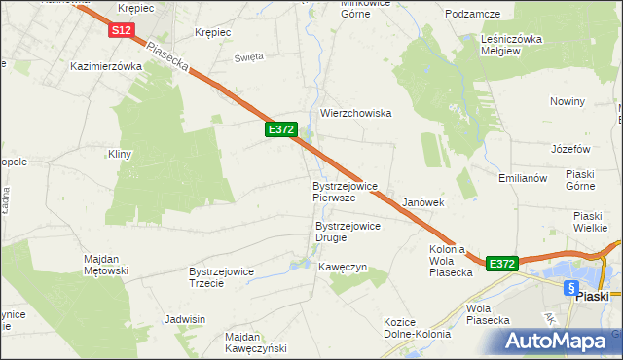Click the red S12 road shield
point(121,31)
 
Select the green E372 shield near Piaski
point(501,264)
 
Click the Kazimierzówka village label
point(107,66)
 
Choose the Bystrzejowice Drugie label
point(348,232)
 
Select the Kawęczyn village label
point(342,267)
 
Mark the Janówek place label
point(423,202)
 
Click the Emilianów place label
point(525,178)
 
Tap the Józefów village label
point(570,149)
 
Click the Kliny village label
point(120,154)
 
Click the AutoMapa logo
point(561,341)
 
